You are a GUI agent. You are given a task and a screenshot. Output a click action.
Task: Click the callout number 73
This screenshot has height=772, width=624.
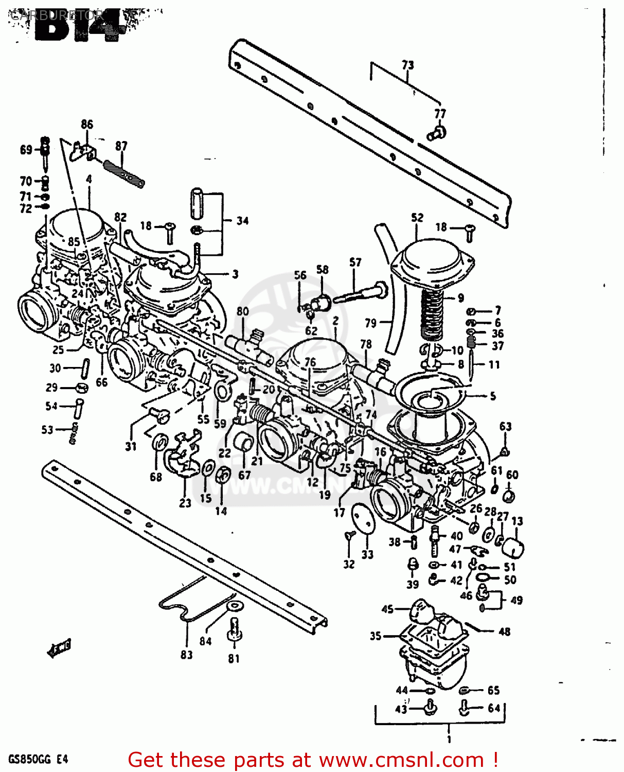point(407,65)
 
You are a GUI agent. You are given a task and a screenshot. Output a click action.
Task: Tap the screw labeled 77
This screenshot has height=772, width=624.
point(437,133)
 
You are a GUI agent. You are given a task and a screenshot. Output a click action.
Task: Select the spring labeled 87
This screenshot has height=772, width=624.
point(123,173)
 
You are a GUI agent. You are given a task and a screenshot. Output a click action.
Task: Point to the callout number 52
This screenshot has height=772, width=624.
point(417,218)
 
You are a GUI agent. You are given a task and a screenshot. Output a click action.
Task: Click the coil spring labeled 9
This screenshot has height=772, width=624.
point(432,313)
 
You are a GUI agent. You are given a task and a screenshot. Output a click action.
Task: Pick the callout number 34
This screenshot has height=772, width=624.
point(242,221)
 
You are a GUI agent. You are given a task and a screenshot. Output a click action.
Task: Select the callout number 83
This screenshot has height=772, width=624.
point(186,655)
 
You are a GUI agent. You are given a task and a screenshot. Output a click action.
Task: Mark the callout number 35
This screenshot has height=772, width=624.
point(376,636)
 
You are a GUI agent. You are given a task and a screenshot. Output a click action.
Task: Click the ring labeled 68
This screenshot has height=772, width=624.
point(161,442)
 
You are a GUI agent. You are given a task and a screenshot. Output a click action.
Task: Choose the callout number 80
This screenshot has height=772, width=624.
point(243,311)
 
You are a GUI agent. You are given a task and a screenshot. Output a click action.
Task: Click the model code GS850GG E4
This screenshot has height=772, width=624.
point(38,759)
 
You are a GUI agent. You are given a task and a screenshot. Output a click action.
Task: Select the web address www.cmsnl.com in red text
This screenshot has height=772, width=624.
point(401,760)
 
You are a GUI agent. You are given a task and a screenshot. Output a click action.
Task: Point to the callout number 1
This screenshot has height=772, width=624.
point(449,739)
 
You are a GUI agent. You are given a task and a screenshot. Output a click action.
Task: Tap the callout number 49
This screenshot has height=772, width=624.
point(516,600)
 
